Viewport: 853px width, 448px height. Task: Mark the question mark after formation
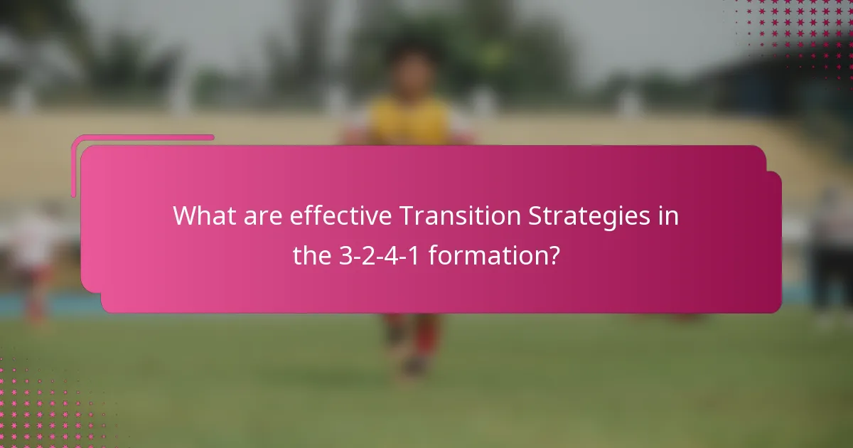click(x=551, y=256)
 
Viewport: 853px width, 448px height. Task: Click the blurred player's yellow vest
click(x=411, y=121)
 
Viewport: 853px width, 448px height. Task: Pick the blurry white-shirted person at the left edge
click(x=32, y=242)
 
